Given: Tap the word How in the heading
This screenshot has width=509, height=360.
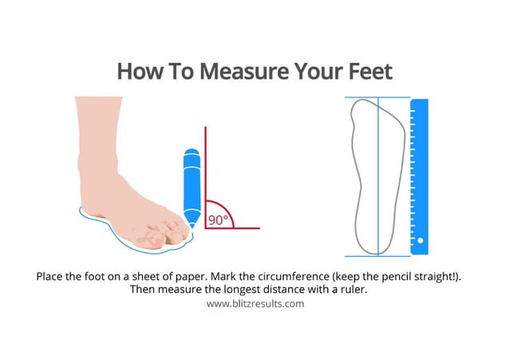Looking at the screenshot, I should [139, 71].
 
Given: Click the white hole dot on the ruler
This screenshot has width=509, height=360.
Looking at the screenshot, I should [420, 240].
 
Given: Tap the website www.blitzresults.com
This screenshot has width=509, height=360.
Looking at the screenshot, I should [254, 303].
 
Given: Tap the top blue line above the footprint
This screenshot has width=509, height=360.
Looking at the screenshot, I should [377, 98].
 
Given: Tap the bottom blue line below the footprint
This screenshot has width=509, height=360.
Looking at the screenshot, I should [377, 255].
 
